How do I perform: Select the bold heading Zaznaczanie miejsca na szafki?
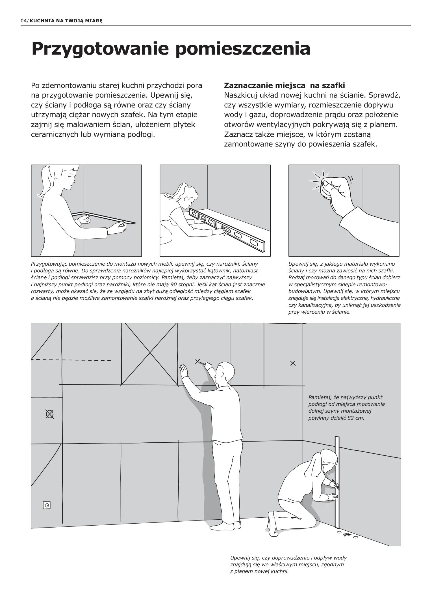[x=284, y=85]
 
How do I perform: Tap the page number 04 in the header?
[x=23, y=21]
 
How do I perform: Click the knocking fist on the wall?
[x=333, y=187]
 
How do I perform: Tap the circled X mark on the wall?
[x=50, y=414]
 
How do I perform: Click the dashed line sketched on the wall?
[x=71, y=360]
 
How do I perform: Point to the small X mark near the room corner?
[x=293, y=363]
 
